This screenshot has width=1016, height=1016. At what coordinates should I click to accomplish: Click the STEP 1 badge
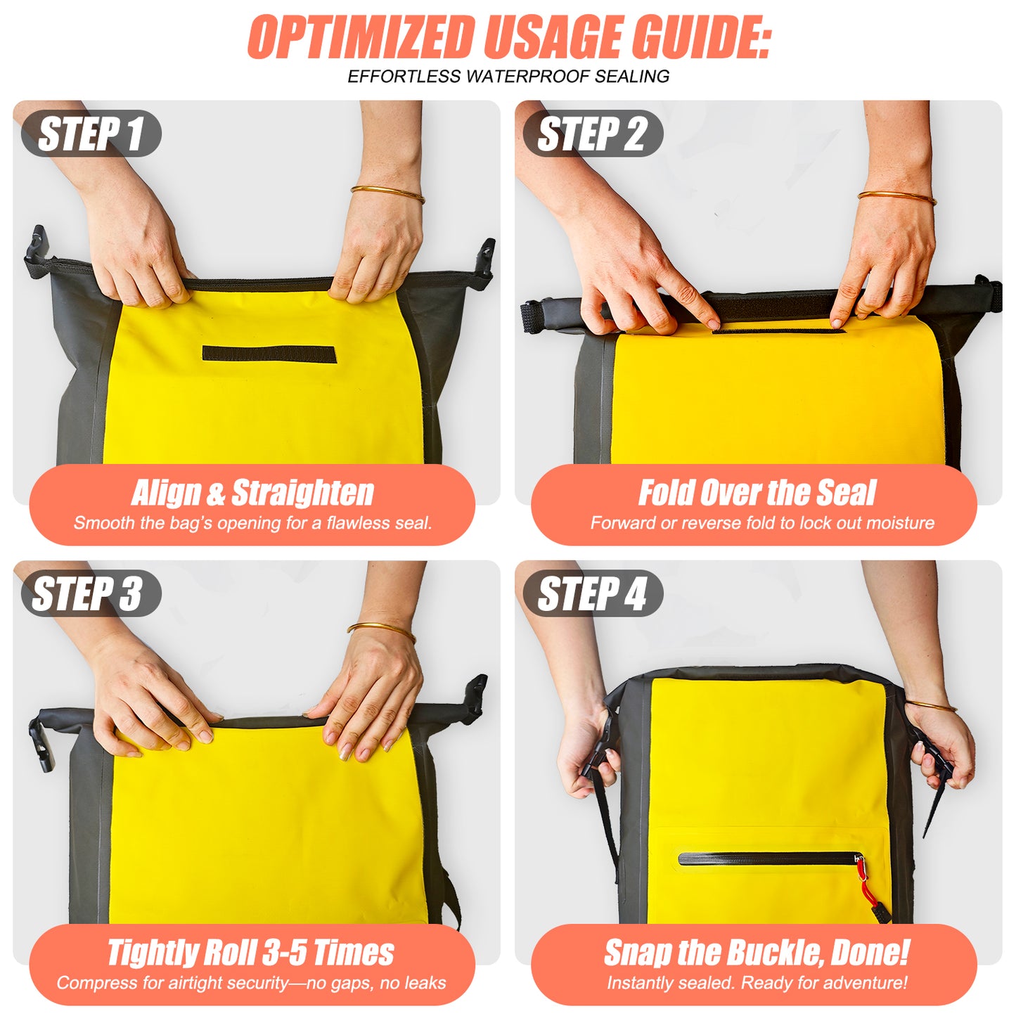pyautogui.click(x=91, y=134)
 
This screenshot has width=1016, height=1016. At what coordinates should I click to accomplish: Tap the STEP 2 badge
pyautogui.click(x=593, y=134)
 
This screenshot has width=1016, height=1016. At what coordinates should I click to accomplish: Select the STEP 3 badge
pyautogui.click(x=90, y=593)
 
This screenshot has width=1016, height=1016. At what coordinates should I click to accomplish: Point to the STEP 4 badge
pyautogui.click(x=593, y=593)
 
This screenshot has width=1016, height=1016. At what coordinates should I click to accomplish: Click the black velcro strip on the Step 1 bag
pyautogui.click(x=269, y=354)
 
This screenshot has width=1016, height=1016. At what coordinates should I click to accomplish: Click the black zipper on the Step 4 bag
pyautogui.click(x=766, y=859)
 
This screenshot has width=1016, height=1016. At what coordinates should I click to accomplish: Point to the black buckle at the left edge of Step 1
pyautogui.click(x=36, y=250)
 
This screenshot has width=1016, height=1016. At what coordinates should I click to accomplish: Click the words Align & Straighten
pyautogui.click(x=252, y=493)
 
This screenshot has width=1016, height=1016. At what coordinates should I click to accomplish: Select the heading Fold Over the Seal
pyautogui.click(x=757, y=493)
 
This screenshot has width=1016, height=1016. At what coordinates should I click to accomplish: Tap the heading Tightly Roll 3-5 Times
pyautogui.click(x=250, y=953)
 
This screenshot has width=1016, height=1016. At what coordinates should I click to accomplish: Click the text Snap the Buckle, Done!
pyautogui.click(x=757, y=953)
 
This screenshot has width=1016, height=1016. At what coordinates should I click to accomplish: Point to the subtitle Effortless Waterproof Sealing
pyautogui.click(x=508, y=76)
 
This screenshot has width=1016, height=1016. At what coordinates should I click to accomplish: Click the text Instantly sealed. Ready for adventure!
pyautogui.click(x=757, y=982)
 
